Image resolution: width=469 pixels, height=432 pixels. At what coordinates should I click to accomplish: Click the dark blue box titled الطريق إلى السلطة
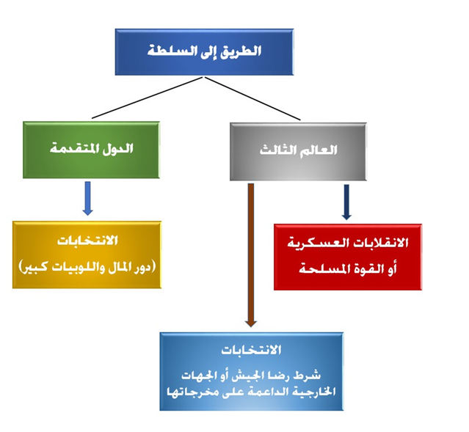point(204,52)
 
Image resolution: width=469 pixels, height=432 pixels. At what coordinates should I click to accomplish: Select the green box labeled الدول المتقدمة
point(91,150)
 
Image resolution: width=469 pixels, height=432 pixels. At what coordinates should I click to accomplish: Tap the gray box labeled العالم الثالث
point(298,152)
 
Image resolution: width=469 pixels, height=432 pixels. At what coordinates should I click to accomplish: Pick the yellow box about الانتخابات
point(87,255)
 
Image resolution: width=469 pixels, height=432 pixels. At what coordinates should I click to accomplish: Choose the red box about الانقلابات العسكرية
point(348,257)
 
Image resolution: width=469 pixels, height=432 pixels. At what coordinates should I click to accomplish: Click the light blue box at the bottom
point(252,371)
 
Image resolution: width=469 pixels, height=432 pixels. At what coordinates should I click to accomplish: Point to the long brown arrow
point(251,255)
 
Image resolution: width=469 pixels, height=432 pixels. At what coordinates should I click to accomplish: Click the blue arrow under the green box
point(87,199)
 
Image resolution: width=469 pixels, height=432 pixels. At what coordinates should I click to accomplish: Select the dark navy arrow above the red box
point(346,202)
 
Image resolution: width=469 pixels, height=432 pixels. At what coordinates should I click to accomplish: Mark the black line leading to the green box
point(148,98)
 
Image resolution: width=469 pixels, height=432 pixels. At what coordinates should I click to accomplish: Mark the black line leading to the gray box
point(252,98)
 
